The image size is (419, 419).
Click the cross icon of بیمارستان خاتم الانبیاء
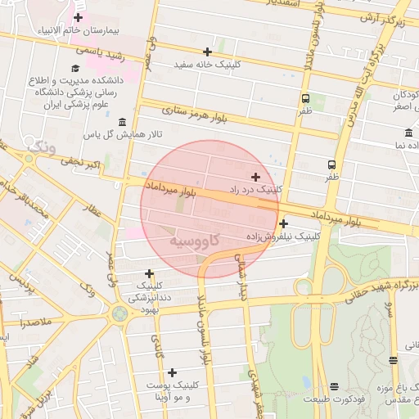click(x=78, y=17)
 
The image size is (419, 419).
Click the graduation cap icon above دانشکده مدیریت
click(x=76, y=69)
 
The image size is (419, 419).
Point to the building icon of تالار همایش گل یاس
click(x=122, y=122)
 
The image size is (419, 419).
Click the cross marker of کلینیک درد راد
click(x=255, y=176)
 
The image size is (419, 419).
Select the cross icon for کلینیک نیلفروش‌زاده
click(x=283, y=223)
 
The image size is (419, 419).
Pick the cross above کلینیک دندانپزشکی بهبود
click(x=149, y=274)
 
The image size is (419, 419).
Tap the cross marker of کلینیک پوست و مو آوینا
click(x=171, y=372)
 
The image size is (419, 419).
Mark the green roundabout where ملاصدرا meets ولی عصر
click(x=121, y=313)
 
